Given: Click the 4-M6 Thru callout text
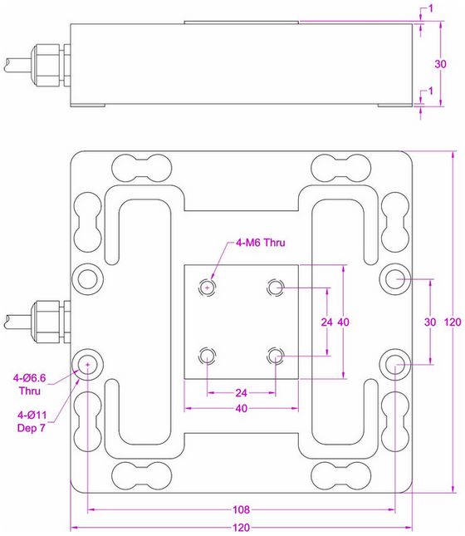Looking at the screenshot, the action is (x=261, y=243).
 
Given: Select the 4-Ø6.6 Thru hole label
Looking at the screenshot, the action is (x=29, y=384).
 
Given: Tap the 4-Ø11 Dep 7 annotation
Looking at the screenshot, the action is (x=32, y=421).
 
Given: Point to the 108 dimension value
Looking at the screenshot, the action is (x=241, y=509).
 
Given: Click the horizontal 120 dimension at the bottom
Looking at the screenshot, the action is (x=241, y=528).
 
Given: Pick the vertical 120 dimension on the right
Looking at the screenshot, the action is (x=453, y=322).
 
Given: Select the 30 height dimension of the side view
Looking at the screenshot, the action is (x=440, y=64).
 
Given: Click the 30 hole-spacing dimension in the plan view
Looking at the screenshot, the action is (x=430, y=322).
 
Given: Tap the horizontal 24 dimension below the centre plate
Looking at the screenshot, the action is (x=241, y=393).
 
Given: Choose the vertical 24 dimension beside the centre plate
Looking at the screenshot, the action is (x=327, y=322).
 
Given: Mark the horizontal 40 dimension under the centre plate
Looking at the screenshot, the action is (x=241, y=408).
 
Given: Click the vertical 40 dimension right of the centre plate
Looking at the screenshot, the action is (x=344, y=322).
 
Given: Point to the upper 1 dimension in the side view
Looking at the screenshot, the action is (x=430, y=8).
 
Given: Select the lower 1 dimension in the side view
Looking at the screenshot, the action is (x=430, y=91).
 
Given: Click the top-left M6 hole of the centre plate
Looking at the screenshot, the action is (x=207, y=288).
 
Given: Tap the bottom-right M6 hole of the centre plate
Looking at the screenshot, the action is (x=276, y=357).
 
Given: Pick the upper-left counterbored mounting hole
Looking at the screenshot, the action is (x=87, y=279).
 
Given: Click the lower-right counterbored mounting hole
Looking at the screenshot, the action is (x=395, y=365).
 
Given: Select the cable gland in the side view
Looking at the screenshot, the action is (x=51, y=65).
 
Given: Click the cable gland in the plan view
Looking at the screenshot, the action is (x=51, y=322).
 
